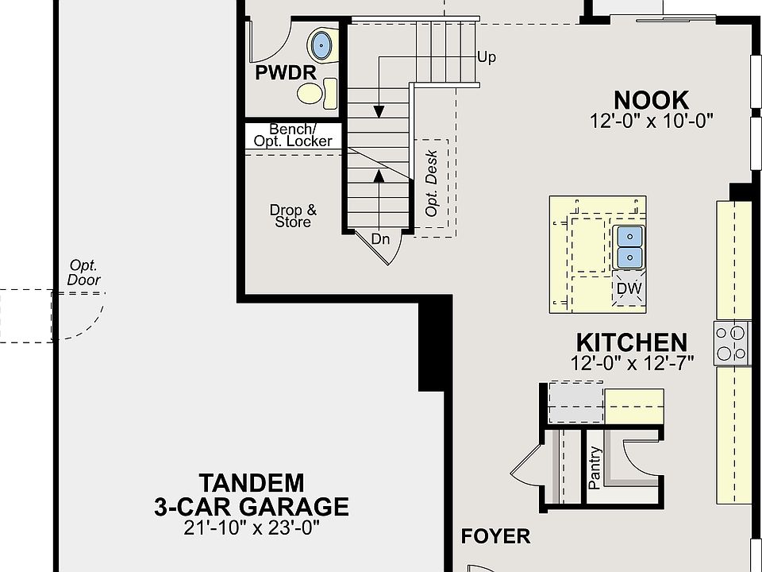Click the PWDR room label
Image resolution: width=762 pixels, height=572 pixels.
286,73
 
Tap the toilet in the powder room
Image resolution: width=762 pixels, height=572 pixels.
317,93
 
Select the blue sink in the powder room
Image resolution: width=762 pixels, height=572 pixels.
321,44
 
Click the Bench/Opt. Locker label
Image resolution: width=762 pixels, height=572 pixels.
293,135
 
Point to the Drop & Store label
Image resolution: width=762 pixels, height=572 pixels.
293,216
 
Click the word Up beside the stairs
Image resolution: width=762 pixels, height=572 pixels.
487,57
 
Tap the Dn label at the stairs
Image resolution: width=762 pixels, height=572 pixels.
380,239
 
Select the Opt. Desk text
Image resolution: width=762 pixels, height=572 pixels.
431,184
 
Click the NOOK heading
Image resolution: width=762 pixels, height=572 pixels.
651,100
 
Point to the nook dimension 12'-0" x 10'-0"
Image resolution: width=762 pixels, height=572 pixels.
651,121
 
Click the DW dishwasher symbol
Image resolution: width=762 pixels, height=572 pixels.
629,288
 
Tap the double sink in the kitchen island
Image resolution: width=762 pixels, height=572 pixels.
629,247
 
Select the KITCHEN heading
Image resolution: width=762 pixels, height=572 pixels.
632,342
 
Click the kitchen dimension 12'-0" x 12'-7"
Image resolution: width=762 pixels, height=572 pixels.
633,363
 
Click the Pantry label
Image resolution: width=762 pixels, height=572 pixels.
595,467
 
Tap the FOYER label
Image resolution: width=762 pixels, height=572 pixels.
495,536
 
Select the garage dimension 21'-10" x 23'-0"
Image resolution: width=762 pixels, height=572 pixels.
252,528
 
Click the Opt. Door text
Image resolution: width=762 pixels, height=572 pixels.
84,272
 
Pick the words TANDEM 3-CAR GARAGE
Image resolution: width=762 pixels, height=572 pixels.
252,495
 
